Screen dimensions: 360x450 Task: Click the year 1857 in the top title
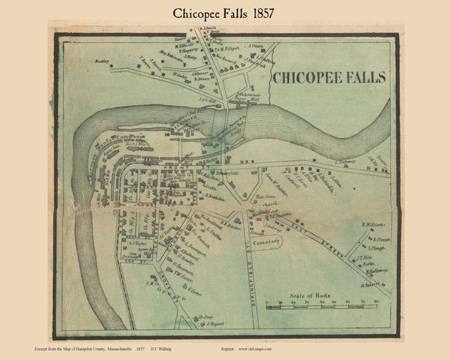[x=286, y=16]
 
